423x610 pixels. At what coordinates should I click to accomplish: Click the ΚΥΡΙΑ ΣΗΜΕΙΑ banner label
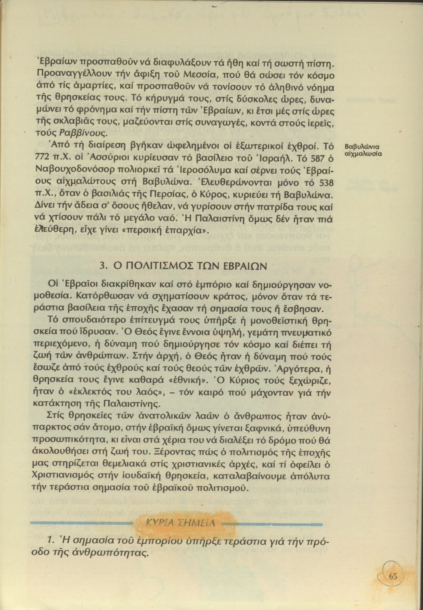[180, 522]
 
